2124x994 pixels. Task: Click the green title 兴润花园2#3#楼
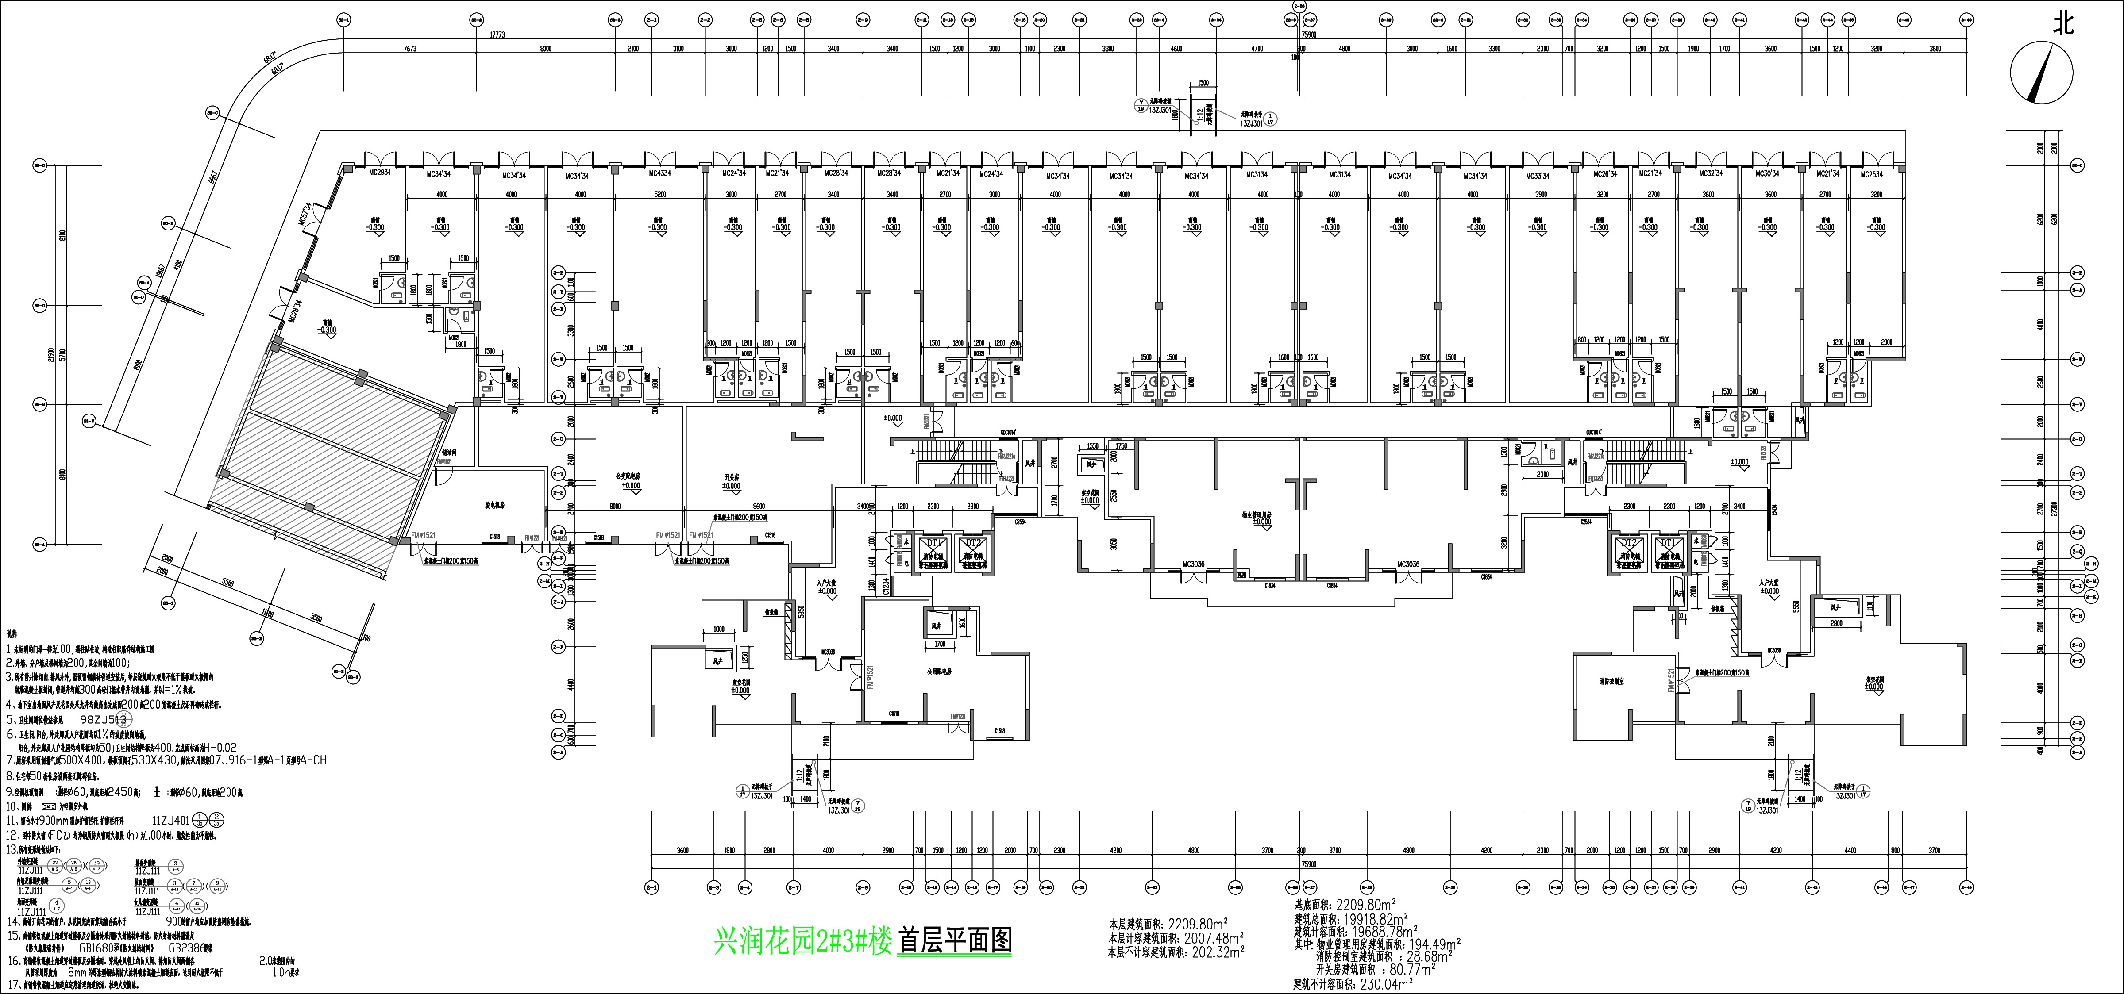click(803, 940)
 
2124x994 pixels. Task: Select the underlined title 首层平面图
click(955, 940)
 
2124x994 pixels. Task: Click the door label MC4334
click(659, 174)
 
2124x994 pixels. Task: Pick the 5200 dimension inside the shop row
click(659, 195)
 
